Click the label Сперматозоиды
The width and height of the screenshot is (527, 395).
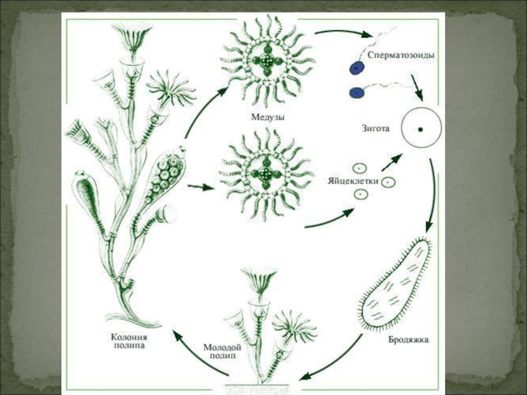401,55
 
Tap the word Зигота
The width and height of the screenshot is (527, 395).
375,128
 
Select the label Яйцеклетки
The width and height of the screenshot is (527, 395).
353,181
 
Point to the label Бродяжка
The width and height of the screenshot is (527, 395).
408,340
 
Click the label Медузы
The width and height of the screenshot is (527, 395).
268,117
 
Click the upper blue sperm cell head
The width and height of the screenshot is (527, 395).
356,68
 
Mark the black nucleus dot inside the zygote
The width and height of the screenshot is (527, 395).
420,129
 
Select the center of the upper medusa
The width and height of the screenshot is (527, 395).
267,61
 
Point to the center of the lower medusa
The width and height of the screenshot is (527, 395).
267,174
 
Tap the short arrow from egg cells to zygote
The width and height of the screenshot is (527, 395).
392,163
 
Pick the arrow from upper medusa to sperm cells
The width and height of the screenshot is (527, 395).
343,32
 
